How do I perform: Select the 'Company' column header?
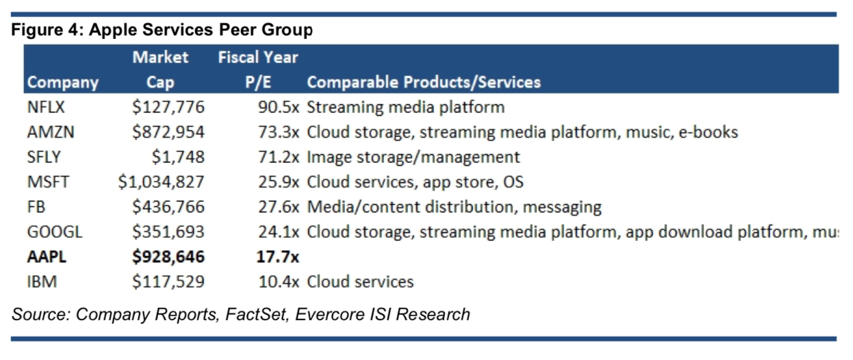[62, 83]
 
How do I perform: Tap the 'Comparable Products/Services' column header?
[424, 83]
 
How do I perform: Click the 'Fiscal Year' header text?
[257, 57]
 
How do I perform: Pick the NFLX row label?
[46, 107]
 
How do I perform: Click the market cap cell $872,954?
[168, 132]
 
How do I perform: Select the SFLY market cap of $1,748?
[178, 157]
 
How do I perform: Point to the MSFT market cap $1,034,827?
[161, 182]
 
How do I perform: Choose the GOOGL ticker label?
[55, 231]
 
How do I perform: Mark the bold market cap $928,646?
[168, 257]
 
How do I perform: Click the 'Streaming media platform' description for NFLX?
[406, 107]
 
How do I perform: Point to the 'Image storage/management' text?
[413, 157]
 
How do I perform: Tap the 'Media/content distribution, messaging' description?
[455, 207]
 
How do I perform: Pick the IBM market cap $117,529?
[168, 281]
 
